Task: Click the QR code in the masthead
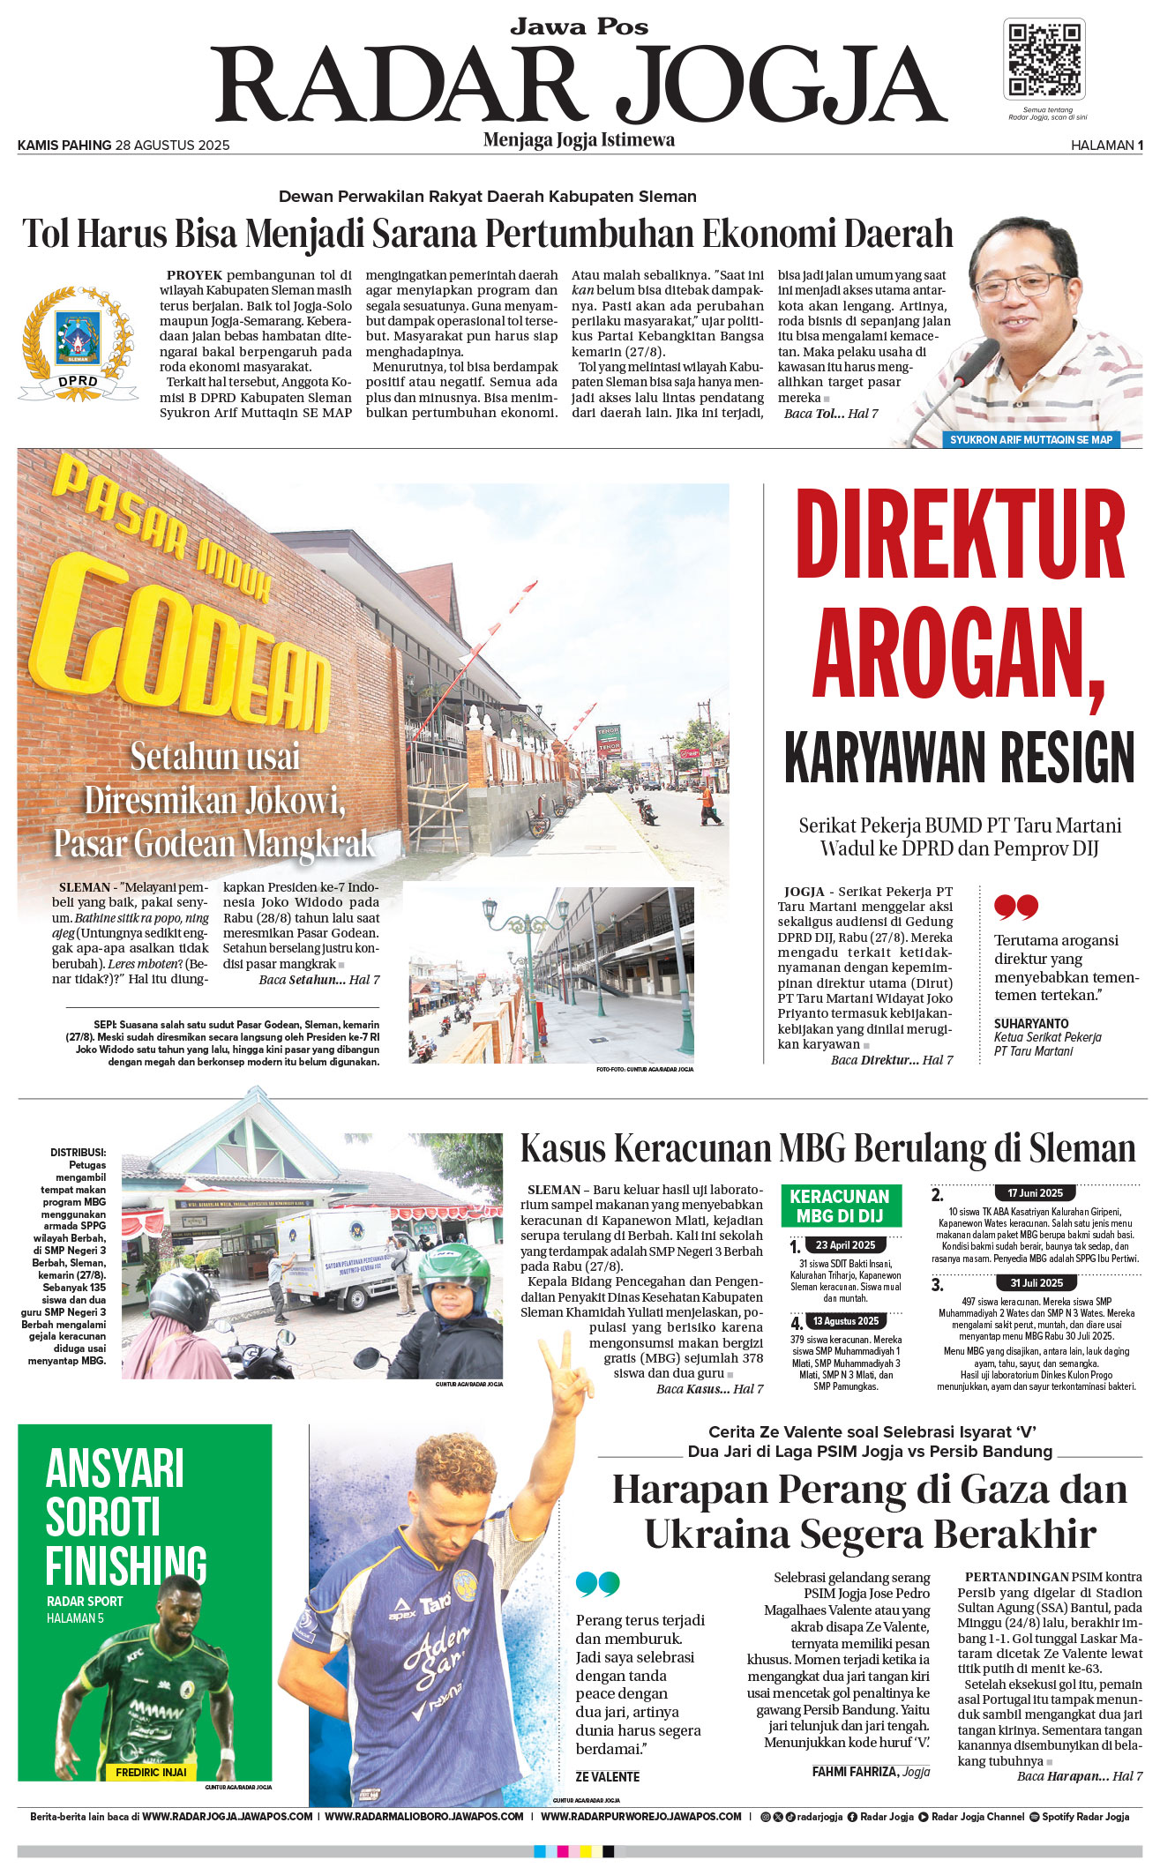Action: pyautogui.click(x=1044, y=59)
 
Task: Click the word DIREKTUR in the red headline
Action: pyautogui.click(x=960, y=535)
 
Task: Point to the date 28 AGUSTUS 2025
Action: pyautogui.click(x=172, y=146)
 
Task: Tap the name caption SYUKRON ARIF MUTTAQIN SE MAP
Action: pyautogui.click(x=1030, y=439)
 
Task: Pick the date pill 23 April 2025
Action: pyautogui.click(x=845, y=1245)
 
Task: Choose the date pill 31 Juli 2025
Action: pyautogui.click(x=1037, y=1283)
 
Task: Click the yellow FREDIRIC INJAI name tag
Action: pyautogui.click(x=151, y=1772)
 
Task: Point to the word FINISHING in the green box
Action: pyautogui.click(x=126, y=1565)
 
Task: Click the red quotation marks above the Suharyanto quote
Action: pyautogui.click(x=1015, y=907)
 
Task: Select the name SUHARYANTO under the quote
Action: pyautogui.click(x=1031, y=1023)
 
